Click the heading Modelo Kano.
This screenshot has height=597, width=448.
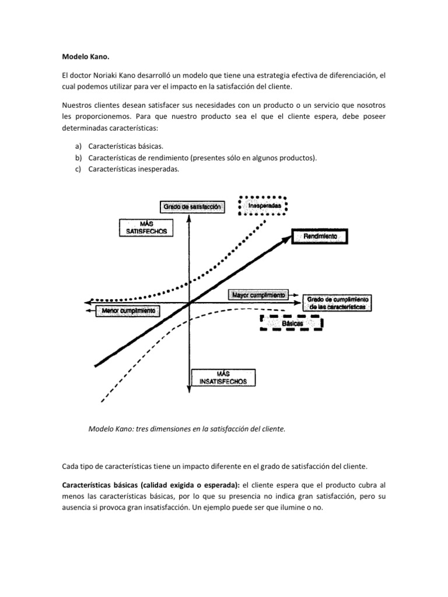85,58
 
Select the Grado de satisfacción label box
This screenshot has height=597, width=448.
192,206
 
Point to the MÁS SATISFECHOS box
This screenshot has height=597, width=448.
146,227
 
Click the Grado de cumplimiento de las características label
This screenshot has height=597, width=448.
337,302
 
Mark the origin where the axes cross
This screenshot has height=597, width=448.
191,303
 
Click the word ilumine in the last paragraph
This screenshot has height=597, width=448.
292,507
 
